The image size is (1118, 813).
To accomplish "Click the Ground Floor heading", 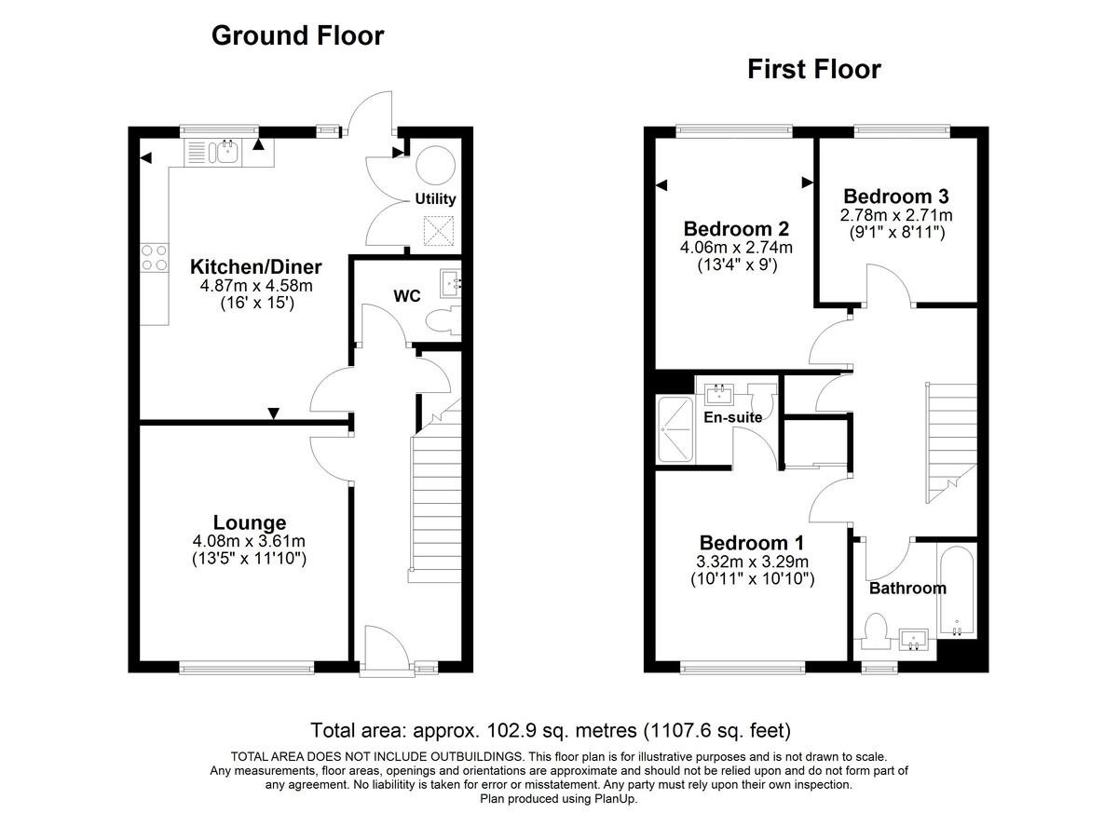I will pos(297,36).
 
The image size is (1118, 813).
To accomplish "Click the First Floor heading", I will pos(813,70).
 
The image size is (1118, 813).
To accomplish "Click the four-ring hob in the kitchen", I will pos(154,256).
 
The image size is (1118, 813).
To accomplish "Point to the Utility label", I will pos(435,198).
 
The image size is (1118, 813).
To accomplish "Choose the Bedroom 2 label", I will pos(736,229).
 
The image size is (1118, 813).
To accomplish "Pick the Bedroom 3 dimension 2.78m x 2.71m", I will pos(895,215).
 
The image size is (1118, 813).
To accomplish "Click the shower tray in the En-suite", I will pos(675,429).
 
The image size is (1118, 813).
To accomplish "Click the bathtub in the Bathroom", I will pos(956,590).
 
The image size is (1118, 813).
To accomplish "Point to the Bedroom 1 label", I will pos(752,543).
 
